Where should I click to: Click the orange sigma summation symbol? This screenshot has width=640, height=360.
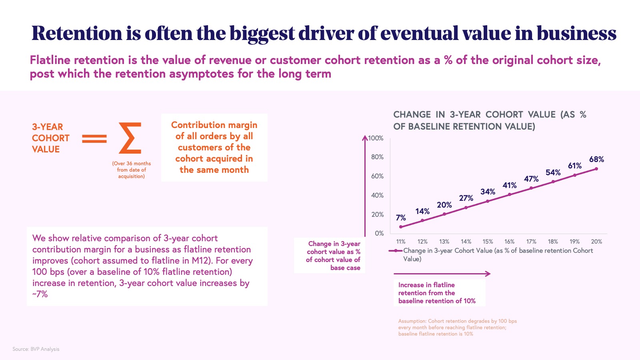coord(130,138)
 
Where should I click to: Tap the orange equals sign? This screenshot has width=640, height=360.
coord(94,139)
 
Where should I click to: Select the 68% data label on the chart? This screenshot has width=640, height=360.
coord(596,159)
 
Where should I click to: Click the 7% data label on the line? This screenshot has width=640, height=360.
coord(401,218)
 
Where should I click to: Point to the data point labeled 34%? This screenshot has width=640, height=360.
coord(488,201)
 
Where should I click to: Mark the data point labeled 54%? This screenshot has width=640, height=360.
coord(553,182)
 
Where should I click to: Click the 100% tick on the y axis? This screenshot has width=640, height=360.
coord(376,138)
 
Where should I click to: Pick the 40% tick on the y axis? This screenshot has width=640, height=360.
coord(377,195)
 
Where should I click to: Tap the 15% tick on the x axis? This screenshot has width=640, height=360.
coord(488,242)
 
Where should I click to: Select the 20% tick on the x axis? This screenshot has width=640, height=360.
coord(596,242)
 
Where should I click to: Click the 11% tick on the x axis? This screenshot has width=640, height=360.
coord(401,242)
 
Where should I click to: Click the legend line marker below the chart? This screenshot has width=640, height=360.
coord(395,251)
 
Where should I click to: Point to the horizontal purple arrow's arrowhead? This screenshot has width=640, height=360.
coord(488,274)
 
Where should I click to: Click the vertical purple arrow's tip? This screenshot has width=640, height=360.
coord(365,138)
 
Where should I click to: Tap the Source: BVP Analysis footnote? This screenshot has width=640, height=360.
coord(36,349)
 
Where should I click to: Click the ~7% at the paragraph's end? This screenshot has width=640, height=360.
coord(40,294)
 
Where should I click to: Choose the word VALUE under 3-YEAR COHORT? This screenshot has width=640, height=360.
coord(46,149)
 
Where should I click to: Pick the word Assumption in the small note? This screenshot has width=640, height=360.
coord(412,321)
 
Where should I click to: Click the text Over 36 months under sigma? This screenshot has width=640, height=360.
coord(131,164)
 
